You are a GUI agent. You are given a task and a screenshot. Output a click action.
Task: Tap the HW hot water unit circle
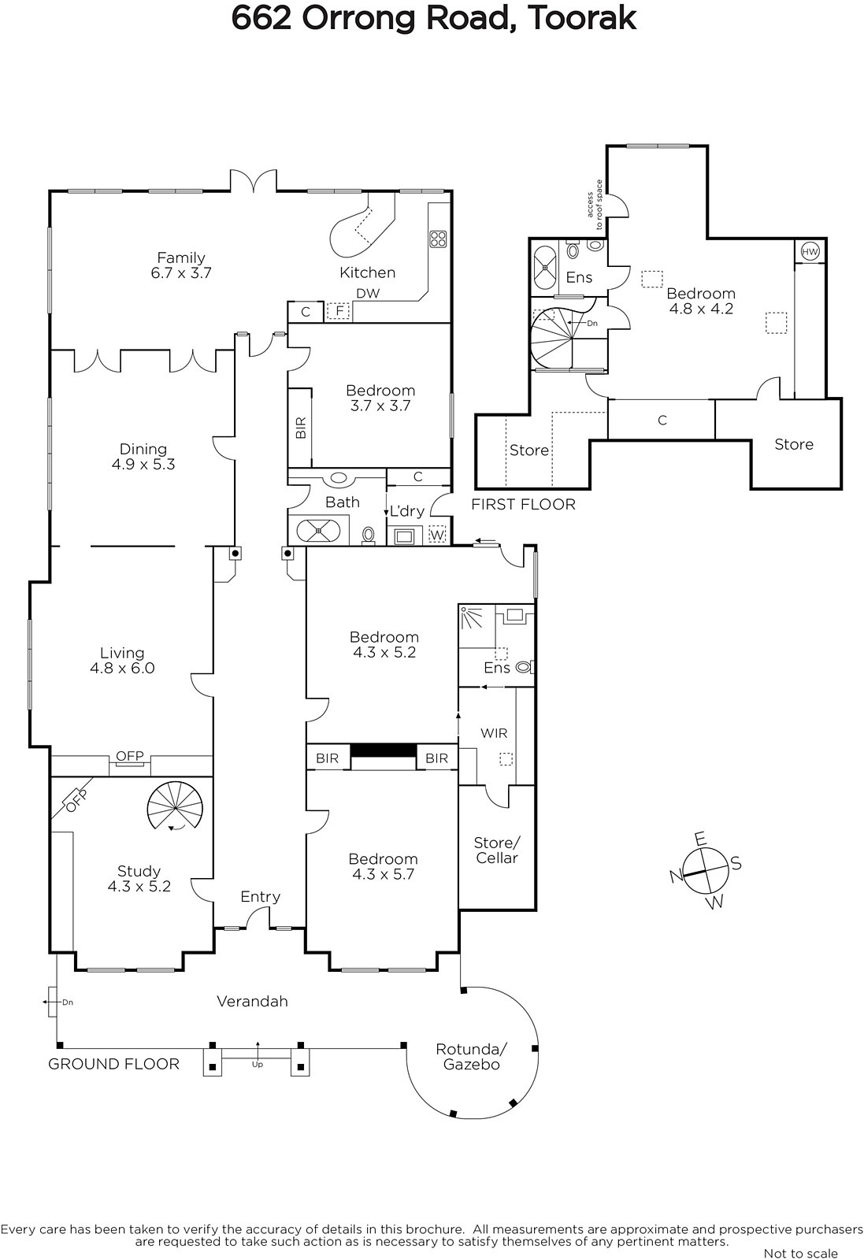810,251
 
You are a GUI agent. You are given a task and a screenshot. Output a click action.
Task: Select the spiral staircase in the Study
175,809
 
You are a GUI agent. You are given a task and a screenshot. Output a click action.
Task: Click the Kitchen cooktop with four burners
438,239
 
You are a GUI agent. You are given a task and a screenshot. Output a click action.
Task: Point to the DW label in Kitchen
368,293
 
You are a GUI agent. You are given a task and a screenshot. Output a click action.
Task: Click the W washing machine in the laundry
437,535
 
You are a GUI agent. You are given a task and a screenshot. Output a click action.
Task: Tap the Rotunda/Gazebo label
471,1056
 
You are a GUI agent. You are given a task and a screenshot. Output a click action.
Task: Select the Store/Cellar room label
497,850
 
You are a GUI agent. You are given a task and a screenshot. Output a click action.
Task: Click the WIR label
494,733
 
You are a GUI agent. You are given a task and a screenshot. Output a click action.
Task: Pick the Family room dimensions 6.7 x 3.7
181,273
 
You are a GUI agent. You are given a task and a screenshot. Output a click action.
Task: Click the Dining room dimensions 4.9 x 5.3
143,465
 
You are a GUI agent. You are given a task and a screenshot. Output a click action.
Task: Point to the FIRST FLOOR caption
524,505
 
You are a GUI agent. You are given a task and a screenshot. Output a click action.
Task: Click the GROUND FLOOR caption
113,1064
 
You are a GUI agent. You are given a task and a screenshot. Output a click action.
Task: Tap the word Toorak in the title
582,19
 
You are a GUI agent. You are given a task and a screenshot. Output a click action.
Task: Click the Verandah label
253,1001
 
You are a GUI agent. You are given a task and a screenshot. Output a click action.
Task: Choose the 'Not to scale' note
800,1253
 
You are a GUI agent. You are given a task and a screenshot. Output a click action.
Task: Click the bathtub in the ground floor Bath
318,531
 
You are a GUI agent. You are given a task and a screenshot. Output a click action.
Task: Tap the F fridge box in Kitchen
339,310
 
